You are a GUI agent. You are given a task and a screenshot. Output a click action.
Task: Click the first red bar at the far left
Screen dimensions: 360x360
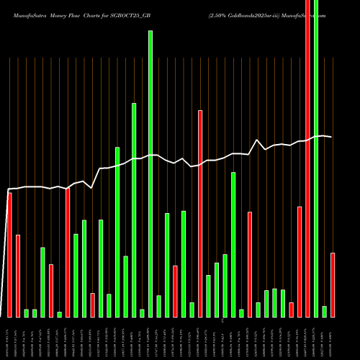pyautogui.click(x=9, y=255)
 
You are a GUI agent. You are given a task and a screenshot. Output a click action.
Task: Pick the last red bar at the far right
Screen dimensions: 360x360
pyautogui.click(x=333, y=284)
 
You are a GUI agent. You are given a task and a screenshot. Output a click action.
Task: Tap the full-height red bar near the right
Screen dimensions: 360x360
pyautogui.click(x=308, y=158)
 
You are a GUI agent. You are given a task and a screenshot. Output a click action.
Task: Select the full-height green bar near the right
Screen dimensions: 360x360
pyautogui.click(x=316, y=158)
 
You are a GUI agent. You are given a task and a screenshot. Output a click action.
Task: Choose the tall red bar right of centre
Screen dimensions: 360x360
pyautogui.click(x=200, y=213)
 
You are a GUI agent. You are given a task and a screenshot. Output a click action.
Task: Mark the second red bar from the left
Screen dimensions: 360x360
pyautogui.click(x=18, y=276)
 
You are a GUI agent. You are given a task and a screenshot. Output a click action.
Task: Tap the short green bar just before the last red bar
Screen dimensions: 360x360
pyautogui.click(x=325, y=311)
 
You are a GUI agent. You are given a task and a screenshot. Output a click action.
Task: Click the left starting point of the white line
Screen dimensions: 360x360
pyautogui.click(x=8, y=189)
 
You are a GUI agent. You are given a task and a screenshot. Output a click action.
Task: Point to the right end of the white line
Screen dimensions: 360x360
pyautogui.click(x=332, y=137)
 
